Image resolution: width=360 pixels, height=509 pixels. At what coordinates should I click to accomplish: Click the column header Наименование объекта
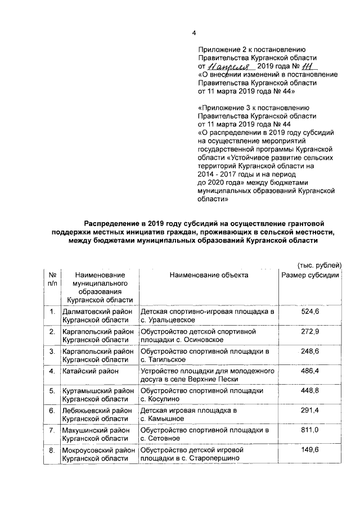[209, 275]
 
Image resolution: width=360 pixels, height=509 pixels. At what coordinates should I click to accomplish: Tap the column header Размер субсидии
[310, 275]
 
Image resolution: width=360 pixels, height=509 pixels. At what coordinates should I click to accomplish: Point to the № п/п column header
[52, 280]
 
